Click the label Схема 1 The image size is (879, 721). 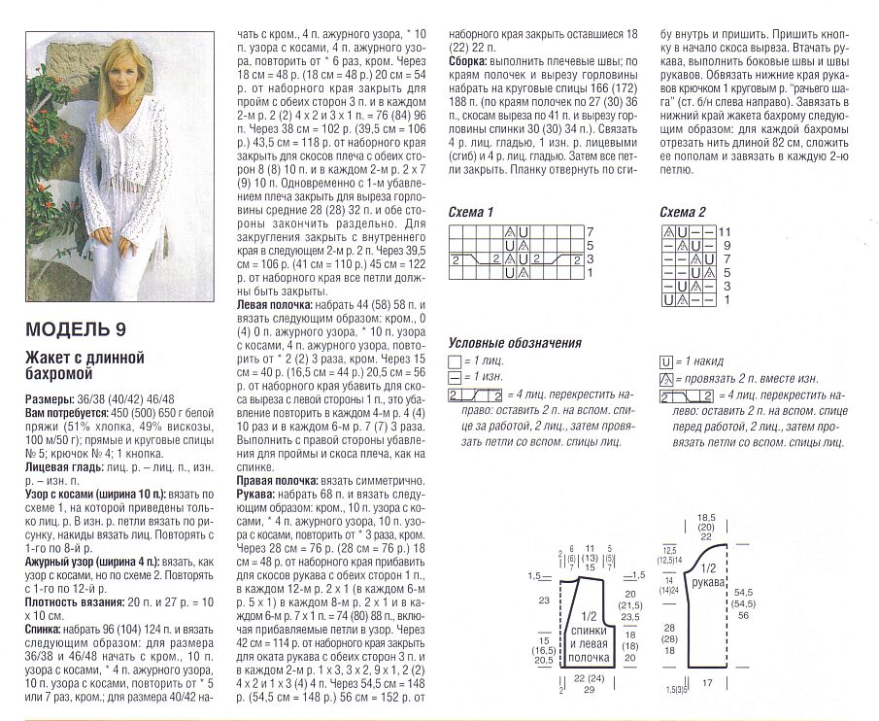coord(471,212)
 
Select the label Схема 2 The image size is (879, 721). coord(683,212)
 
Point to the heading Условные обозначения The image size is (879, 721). coord(515,342)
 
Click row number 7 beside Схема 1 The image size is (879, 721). coord(590,231)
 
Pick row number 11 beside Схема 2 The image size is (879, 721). coord(725,231)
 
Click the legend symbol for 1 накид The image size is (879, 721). coord(666,360)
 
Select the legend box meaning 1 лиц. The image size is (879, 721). coord(456,360)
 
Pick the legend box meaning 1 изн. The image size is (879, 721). coord(456,378)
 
